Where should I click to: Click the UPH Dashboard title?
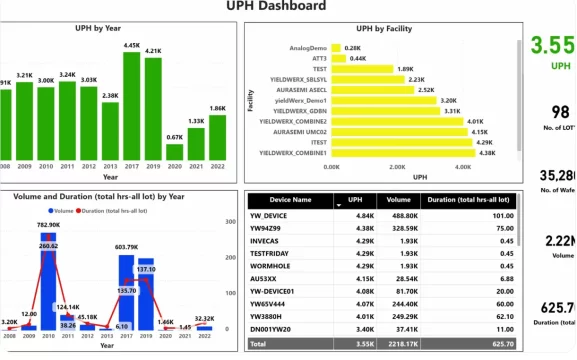(x=290, y=7)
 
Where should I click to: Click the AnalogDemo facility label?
(x=308, y=48)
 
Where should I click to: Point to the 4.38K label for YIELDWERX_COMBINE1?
(x=487, y=153)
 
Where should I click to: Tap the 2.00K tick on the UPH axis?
(x=397, y=168)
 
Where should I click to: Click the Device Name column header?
(x=288, y=200)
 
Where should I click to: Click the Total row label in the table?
(x=259, y=343)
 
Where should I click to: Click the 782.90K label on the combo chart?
(x=49, y=225)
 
